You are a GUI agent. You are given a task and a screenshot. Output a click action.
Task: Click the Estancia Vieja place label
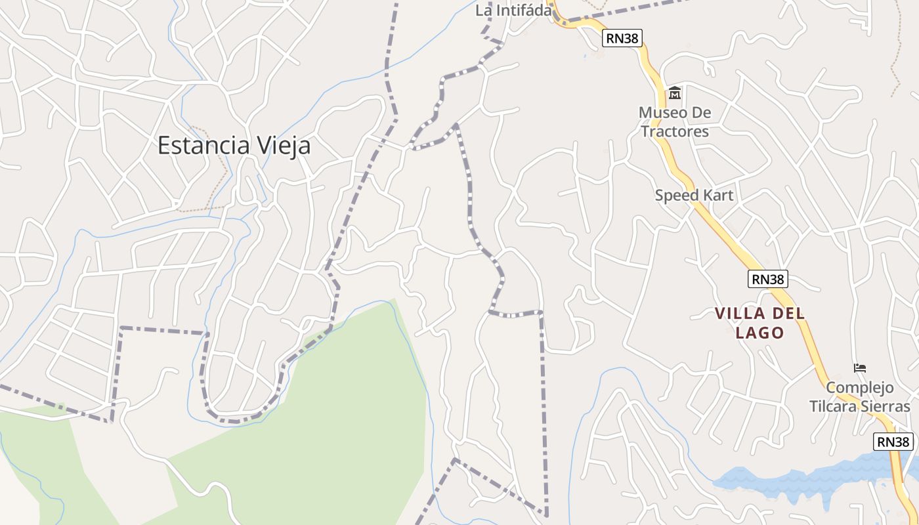[234, 146]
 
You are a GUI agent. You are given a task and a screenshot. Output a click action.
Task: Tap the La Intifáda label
[513, 10]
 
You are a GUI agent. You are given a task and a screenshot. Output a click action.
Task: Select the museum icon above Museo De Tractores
[675, 93]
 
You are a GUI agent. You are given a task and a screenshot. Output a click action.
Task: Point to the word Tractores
[675, 131]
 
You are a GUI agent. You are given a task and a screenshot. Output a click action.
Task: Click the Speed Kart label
[694, 195]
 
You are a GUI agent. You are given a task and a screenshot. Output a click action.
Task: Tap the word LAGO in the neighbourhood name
[759, 333]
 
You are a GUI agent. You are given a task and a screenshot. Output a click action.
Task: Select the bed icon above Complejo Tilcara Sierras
[860, 368]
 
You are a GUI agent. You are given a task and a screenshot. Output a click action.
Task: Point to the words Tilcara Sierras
[860, 406]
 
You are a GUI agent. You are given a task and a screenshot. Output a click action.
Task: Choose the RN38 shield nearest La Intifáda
[622, 38]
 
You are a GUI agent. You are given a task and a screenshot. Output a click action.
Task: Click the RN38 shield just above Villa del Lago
[767, 279]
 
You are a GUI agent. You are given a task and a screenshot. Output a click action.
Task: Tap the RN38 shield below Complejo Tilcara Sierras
[893, 442]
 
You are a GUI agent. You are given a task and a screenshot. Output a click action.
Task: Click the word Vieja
[282, 146]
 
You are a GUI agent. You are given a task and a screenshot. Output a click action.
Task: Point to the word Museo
[663, 113]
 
